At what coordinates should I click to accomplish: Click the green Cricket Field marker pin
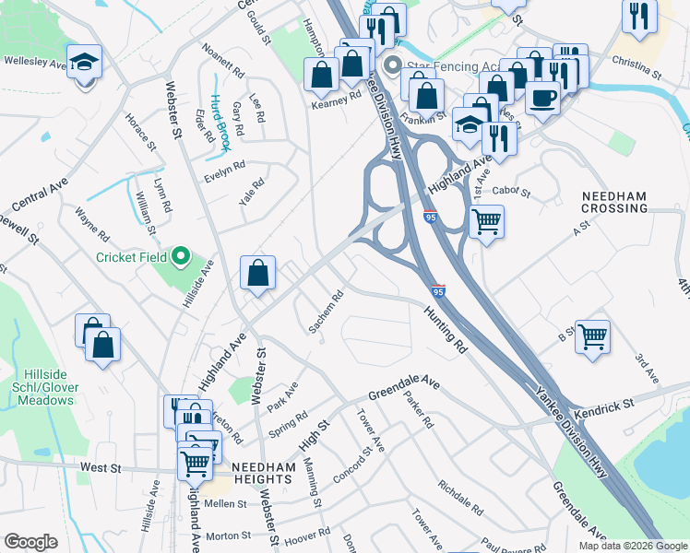pyautogui.click(x=181, y=256)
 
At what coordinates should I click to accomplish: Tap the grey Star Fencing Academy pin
pyautogui.click(x=392, y=65)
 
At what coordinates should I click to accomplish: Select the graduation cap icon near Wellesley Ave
pyautogui.click(x=85, y=63)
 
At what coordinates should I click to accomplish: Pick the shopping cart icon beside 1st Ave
pyautogui.click(x=486, y=221)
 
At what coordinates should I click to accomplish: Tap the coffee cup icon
pyautogui.click(x=542, y=96)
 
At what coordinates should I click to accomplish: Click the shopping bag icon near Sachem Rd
pyautogui.click(x=258, y=273)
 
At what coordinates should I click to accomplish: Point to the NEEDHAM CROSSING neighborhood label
pyautogui.click(x=614, y=202)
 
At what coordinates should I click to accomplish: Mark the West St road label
pyautogui.click(x=101, y=468)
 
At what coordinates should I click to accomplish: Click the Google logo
pyautogui.click(x=30, y=542)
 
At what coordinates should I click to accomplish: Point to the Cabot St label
pyautogui.click(x=512, y=192)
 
